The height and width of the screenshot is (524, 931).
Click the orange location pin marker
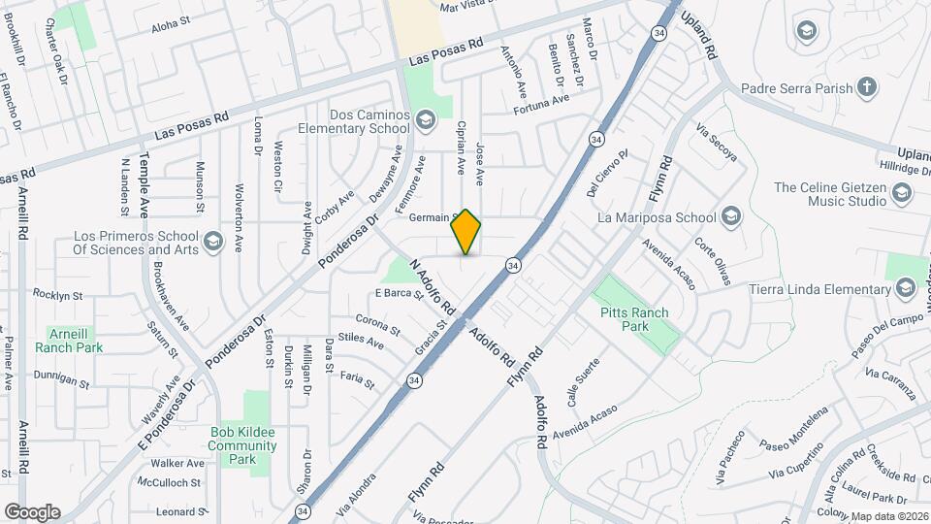tap(466, 232)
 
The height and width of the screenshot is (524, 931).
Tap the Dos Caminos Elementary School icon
tap(424, 120)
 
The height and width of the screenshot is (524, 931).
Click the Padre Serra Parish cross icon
tap(867, 88)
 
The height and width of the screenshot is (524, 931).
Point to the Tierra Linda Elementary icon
tap(906, 288)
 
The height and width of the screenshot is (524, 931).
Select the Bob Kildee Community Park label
tap(242, 445)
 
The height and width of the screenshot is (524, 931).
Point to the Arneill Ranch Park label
tap(68, 340)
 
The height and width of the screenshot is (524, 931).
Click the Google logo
tap(32, 511)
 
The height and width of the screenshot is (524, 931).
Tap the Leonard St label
tap(178, 511)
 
